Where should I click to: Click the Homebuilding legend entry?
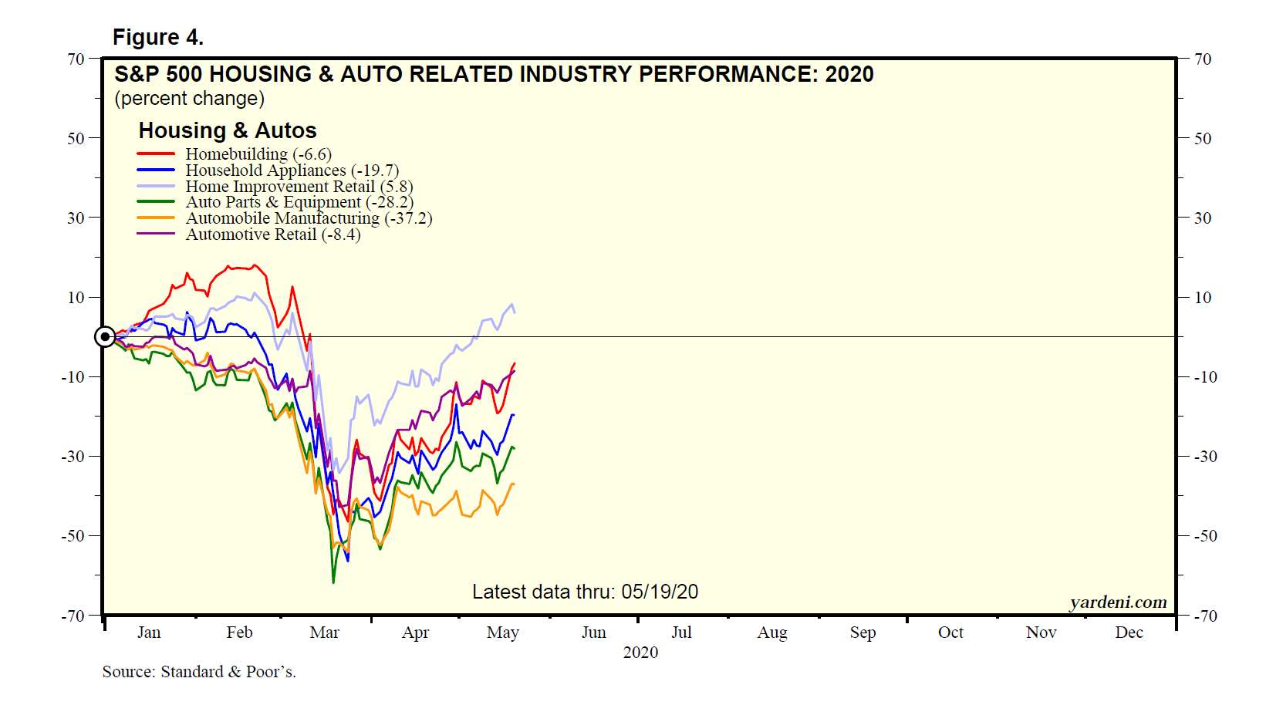[258, 154]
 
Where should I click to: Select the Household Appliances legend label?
[292, 170]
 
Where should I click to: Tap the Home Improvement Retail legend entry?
[299, 187]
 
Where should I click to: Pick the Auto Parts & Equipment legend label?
[299, 202]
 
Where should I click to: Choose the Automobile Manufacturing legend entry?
[308, 218]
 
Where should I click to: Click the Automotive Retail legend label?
[272, 234]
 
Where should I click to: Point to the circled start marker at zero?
[105, 337]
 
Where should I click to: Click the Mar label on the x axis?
[324, 633]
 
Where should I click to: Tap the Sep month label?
[863, 633]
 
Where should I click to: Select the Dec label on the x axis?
[1129, 633]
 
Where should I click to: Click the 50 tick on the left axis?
[76, 139]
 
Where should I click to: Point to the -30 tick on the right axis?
[1205, 457]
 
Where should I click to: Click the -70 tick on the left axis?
[73, 616]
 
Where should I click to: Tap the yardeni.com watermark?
[1118, 602]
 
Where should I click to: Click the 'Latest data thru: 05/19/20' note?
[585, 592]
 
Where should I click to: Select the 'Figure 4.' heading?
[158, 37]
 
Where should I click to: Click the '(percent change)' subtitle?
[189, 99]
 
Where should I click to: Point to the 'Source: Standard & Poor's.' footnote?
[199, 672]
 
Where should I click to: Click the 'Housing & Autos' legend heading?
[228, 130]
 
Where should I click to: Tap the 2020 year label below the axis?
[640, 653]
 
